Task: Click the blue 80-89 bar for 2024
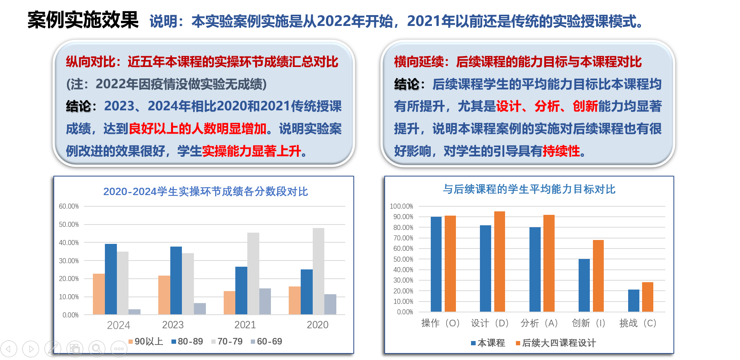(111, 279)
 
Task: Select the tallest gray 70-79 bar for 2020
(319, 271)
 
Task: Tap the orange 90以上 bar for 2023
(164, 295)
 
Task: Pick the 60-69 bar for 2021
(265, 301)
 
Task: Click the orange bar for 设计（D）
(500, 261)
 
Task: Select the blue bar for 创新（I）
(584, 285)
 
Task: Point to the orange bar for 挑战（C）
(647, 297)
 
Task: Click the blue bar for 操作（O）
(436, 264)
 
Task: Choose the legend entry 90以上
(146, 341)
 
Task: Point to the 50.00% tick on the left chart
(69, 225)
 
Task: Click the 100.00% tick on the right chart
(401, 206)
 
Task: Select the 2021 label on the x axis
(245, 325)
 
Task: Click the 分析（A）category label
(539, 323)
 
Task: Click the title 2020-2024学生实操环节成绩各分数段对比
(206, 192)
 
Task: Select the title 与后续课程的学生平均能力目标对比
(529, 189)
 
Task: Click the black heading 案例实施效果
(83, 20)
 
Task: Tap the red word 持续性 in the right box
(561, 151)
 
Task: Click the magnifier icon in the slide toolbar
(97, 349)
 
